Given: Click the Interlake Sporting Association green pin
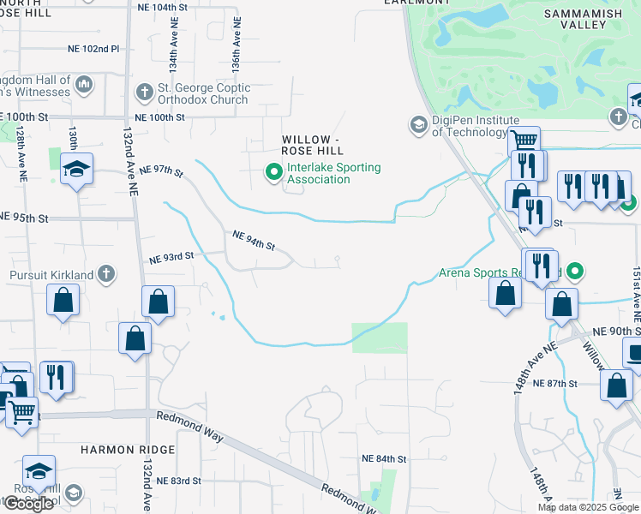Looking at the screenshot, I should pyautogui.click(x=274, y=173).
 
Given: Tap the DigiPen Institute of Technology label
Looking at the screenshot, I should pyautogui.click(x=470, y=126).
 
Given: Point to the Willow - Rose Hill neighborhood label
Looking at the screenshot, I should pyautogui.click(x=312, y=146).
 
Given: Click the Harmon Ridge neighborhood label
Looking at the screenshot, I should pyautogui.click(x=128, y=450).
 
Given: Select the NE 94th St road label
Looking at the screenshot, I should pyautogui.click(x=253, y=240).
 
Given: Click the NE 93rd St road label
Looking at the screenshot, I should pyautogui.click(x=171, y=257).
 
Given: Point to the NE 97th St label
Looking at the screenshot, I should pyautogui.click(x=161, y=171).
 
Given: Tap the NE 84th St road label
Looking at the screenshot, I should pyautogui.click(x=383, y=459).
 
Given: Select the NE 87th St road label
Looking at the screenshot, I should pyautogui.click(x=555, y=384).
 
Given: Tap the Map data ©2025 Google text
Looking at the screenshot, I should pyautogui.click(x=587, y=507).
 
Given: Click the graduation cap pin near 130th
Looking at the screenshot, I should pyautogui.click(x=76, y=169).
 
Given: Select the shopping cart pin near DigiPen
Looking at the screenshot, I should pyautogui.click(x=524, y=140).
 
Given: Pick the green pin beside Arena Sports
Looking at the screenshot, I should pyautogui.click(x=576, y=273).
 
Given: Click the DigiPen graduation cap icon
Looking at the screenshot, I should pyautogui.click(x=418, y=126).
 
